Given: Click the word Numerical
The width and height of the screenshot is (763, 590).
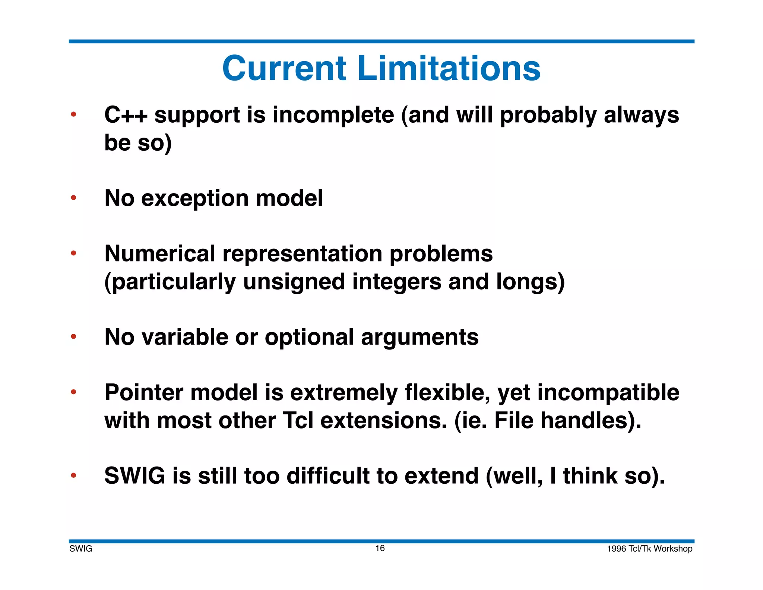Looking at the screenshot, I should [160, 254].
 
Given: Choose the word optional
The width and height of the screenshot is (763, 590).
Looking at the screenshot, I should [309, 337].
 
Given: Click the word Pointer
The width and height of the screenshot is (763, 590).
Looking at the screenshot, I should [144, 393].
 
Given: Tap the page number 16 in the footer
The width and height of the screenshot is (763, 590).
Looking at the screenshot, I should [380, 548].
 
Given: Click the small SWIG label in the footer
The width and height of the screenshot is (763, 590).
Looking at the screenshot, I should [80, 549].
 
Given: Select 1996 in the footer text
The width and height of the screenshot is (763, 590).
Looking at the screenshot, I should [616, 549].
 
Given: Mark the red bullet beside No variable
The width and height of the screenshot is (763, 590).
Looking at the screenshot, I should [74, 337].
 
